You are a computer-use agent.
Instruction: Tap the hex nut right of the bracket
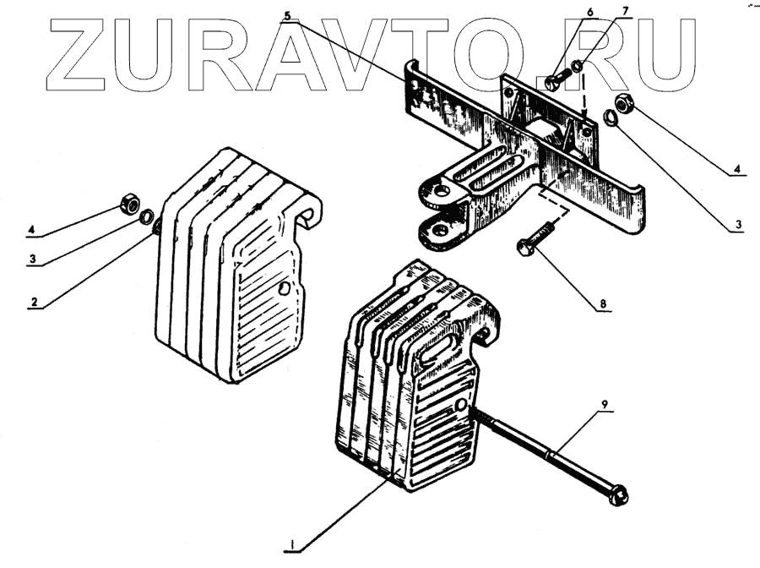click(626, 103)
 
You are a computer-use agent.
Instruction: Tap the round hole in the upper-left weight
click(285, 289)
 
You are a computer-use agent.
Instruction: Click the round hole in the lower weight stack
click(462, 407)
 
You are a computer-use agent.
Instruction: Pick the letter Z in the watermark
click(85, 53)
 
